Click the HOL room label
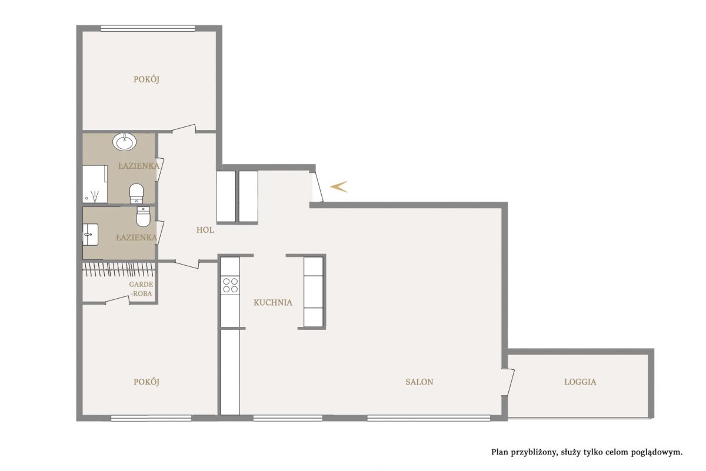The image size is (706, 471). [x=205, y=230]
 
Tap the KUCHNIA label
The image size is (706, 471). [x=273, y=302]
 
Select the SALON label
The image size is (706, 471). [x=419, y=382]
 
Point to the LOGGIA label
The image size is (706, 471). [x=580, y=382]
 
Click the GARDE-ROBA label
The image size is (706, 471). [x=141, y=289]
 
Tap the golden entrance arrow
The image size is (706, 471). [x=338, y=186]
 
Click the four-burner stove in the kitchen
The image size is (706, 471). [x=230, y=285]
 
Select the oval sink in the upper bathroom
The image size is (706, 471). [x=125, y=142]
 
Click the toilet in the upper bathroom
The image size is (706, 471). [x=136, y=193]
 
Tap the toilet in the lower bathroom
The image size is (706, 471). [x=143, y=216]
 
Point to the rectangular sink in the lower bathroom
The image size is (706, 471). [x=91, y=235]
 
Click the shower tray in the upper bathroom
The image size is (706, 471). [x=95, y=184]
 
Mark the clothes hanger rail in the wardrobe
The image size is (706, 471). [x=119, y=269]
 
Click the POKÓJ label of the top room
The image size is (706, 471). [x=146, y=79]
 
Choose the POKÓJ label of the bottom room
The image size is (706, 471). [x=146, y=382]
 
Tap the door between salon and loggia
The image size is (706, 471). [x=508, y=382]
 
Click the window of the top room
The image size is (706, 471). [x=148, y=28]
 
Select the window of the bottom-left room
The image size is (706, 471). [x=151, y=418]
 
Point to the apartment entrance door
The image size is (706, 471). [x=318, y=186]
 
